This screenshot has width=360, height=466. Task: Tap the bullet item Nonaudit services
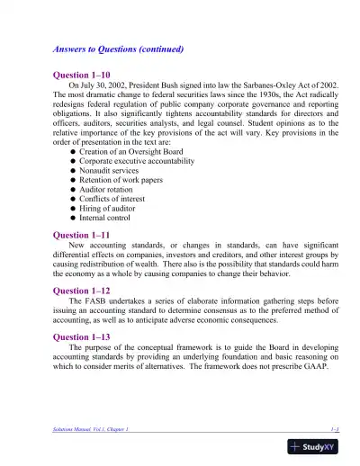(x=112, y=174)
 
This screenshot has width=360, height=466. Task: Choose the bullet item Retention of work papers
(x=123, y=184)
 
